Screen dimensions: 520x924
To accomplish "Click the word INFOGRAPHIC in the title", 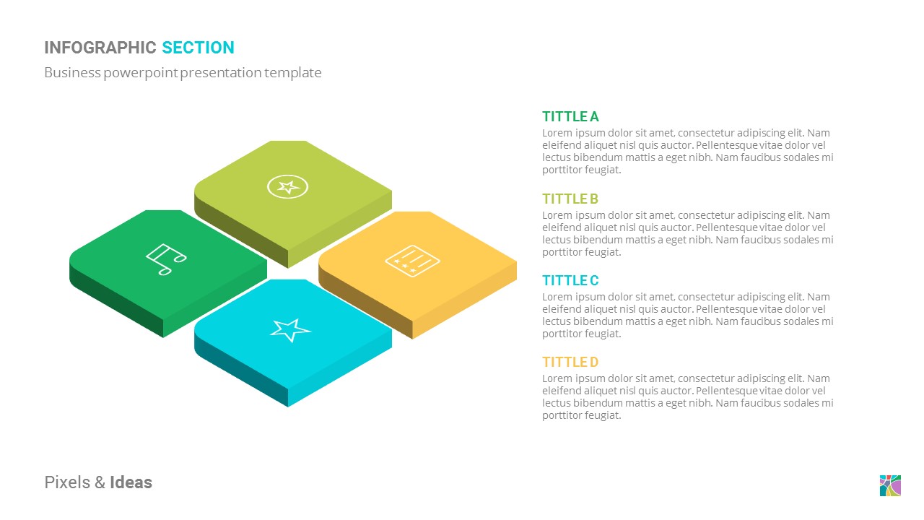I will (100, 48).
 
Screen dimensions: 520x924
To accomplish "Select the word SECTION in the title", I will (198, 48).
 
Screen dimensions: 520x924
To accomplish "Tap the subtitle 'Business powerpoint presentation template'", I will (183, 72).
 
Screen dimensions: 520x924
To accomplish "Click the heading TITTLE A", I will (570, 116).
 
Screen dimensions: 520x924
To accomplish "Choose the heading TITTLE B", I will (570, 199).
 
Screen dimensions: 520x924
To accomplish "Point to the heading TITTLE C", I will (570, 280).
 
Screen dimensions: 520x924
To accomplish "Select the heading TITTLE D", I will (570, 362).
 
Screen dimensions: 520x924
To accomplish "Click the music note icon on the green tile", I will (165, 259).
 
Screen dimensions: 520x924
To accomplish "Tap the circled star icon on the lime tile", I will (288, 187).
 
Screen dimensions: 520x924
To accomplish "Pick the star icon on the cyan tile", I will (290, 329).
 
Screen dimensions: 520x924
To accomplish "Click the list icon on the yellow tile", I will (413, 259).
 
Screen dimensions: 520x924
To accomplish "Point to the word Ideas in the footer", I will (131, 482).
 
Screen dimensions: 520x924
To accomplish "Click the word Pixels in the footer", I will (67, 482).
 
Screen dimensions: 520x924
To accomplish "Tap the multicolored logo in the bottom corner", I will (890, 485).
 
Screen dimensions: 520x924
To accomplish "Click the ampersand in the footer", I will (100, 482).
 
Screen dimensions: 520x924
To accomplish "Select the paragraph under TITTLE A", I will (687, 152).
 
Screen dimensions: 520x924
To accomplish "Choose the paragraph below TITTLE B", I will (687, 233).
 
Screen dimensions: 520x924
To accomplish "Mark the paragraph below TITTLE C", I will (687, 315).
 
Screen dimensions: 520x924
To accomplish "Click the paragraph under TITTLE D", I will (687, 396).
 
